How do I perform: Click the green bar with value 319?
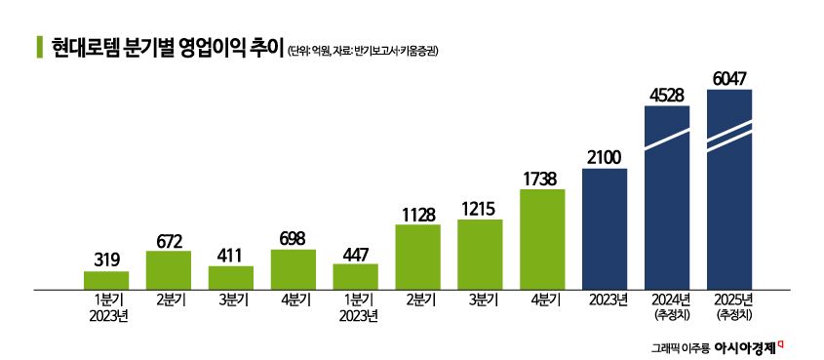[106, 280]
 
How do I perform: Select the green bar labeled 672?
[169, 270]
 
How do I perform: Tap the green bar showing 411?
[231, 277]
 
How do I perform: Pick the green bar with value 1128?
[417, 257]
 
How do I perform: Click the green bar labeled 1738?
[542, 239]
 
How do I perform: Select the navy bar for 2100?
[605, 228]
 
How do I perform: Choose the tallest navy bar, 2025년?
[729, 189]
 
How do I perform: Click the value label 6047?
[729, 78]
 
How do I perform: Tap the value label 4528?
[667, 95]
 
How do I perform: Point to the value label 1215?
[480, 208]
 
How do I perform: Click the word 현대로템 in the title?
[81, 48]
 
